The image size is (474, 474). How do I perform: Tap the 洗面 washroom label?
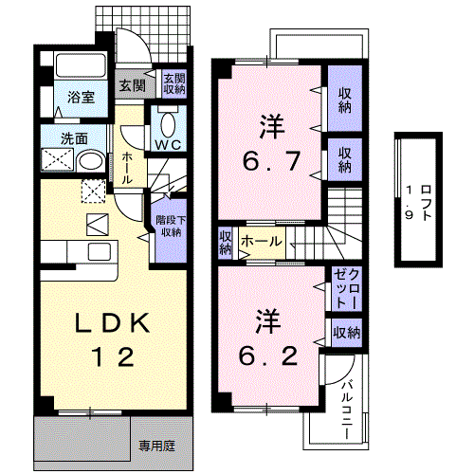click(75, 137)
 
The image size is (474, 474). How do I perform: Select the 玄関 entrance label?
click(132, 85)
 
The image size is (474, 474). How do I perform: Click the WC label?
click(169, 144)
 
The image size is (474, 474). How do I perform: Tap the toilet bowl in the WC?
click(169, 122)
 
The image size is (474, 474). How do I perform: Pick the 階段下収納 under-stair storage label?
click(170, 224)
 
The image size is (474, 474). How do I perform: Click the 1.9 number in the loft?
click(410, 201)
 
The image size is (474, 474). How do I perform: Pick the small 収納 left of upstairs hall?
click(226, 243)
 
